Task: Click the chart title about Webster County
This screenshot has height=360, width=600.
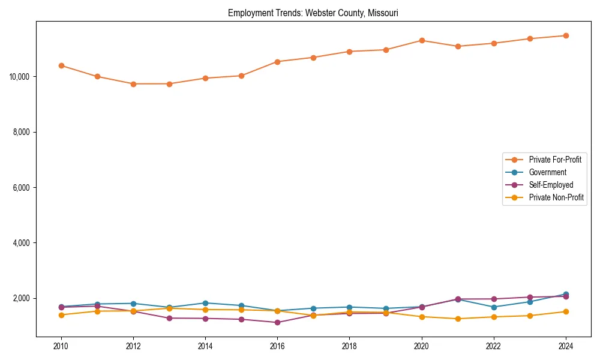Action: click(313, 13)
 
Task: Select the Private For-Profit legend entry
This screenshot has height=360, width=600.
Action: click(551, 160)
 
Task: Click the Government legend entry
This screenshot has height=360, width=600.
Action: click(547, 172)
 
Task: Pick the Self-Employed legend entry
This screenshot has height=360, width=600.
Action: click(551, 185)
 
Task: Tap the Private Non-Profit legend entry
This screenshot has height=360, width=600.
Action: click(556, 197)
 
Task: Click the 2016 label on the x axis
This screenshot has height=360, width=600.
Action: click(277, 346)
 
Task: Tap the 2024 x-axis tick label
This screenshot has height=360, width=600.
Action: click(566, 346)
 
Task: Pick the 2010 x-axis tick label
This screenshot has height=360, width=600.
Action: click(61, 346)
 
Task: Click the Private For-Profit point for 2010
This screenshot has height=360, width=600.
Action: click(61, 65)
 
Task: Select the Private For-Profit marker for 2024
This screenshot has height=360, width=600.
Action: click(566, 35)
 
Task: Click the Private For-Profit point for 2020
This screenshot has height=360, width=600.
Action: click(422, 40)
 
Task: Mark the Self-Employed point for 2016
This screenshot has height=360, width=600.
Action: click(277, 322)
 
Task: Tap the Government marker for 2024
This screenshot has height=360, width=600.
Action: click(566, 294)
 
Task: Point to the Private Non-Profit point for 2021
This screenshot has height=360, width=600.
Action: click(458, 319)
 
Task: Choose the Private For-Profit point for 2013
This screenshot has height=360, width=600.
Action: click(169, 84)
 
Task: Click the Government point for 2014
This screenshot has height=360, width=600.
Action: click(205, 303)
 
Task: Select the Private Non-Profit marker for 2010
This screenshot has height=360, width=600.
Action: click(61, 315)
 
